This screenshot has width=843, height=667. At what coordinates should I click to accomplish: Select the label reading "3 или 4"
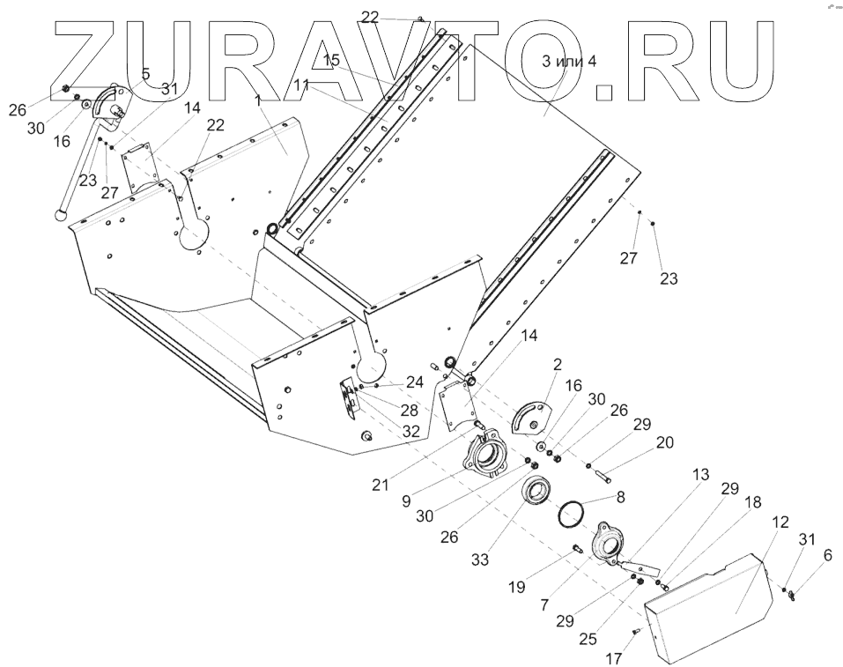tap(569, 61)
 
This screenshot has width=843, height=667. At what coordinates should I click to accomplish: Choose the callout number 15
tap(331, 60)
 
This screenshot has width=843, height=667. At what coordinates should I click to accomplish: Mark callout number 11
tap(303, 86)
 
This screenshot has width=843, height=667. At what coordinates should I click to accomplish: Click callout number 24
tap(415, 382)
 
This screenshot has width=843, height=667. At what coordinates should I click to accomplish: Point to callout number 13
tap(700, 474)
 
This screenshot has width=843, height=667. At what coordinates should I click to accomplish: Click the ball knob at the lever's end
tap(61, 212)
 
